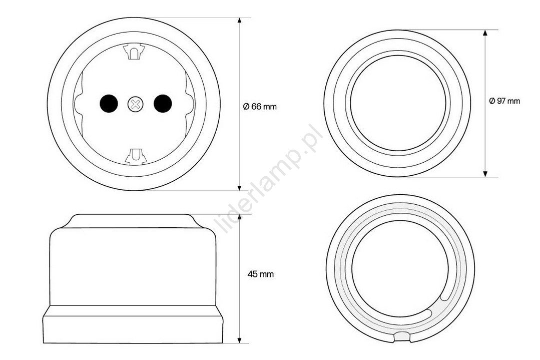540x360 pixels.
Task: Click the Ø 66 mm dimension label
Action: click(260, 107)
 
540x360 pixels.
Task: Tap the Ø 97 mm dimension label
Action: click(504, 101)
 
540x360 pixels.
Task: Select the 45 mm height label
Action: click(261, 274)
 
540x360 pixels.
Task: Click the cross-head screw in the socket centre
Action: click(135, 104)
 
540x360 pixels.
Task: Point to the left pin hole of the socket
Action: click(109, 104)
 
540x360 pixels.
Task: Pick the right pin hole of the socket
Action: click(163, 104)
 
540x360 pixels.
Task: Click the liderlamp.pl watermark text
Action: click(269, 180)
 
